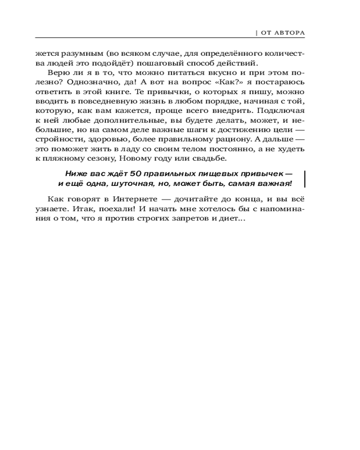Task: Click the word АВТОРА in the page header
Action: click(290, 32)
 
